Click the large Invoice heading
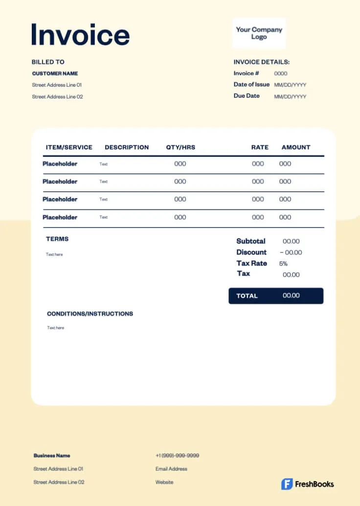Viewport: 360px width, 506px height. (80, 35)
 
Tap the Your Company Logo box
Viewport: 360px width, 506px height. (259, 33)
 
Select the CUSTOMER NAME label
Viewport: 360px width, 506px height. (55, 73)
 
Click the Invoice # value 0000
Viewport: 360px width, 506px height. (281, 73)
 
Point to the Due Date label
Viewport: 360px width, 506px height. (247, 96)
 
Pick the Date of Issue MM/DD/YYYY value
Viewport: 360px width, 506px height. (290, 85)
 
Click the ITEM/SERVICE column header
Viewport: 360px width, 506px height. (69, 147)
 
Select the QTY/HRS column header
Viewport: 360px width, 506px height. (180, 147)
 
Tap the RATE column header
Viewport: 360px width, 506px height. (260, 147)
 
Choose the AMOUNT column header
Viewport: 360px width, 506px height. (296, 147)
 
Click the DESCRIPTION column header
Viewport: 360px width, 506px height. (127, 147)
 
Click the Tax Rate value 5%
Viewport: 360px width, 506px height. (283, 263)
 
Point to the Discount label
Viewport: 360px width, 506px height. (251, 253)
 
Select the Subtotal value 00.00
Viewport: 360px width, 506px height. (291, 241)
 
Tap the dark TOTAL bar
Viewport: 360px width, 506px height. (276, 296)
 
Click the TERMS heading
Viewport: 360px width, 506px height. (57, 239)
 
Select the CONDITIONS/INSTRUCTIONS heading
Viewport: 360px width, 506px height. (90, 314)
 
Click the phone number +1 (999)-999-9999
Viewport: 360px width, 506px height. (177, 456)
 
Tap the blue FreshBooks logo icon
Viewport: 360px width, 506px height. (287, 484)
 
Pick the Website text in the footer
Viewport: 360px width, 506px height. (164, 482)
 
